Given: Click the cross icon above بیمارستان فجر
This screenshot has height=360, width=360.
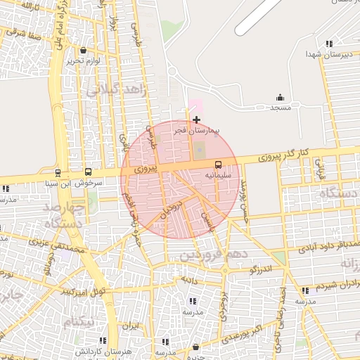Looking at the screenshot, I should pos(195,120).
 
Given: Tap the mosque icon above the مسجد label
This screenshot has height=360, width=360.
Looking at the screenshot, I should pos(280,98).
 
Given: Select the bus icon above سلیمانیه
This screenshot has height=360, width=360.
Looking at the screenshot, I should pos(218,164).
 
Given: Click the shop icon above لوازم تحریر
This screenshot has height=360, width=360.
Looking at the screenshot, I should pos(84,51).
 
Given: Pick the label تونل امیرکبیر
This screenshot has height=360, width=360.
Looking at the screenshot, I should pos(84,290).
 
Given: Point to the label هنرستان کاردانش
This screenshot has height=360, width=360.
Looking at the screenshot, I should pos(91,350).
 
